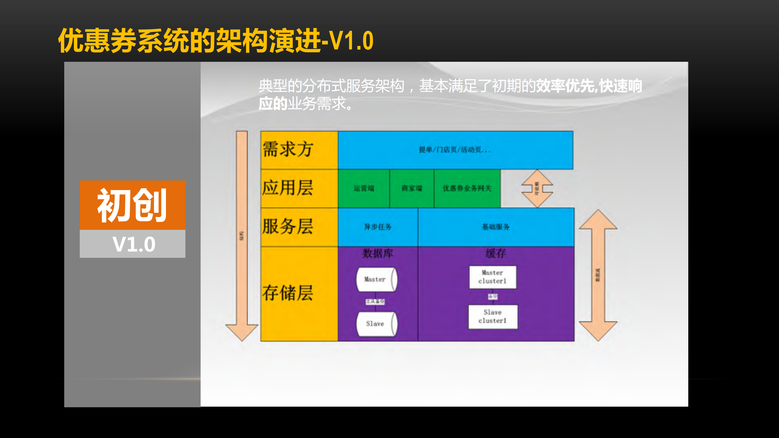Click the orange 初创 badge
coord(132,205)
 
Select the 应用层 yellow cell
coord(299,188)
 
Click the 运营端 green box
coord(363,188)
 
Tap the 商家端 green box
coord(412,188)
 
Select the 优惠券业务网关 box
coord(467,188)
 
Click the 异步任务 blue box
coord(378,227)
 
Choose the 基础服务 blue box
coord(496,227)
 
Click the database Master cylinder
coord(376,279)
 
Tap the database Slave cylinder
coord(376,324)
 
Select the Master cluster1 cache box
coord(493,277)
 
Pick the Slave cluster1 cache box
coord(493,317)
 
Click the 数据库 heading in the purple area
coord(378,253)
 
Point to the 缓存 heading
coord(496,253)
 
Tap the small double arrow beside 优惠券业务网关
coord(537,189)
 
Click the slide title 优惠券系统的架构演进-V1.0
coord(216,41)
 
